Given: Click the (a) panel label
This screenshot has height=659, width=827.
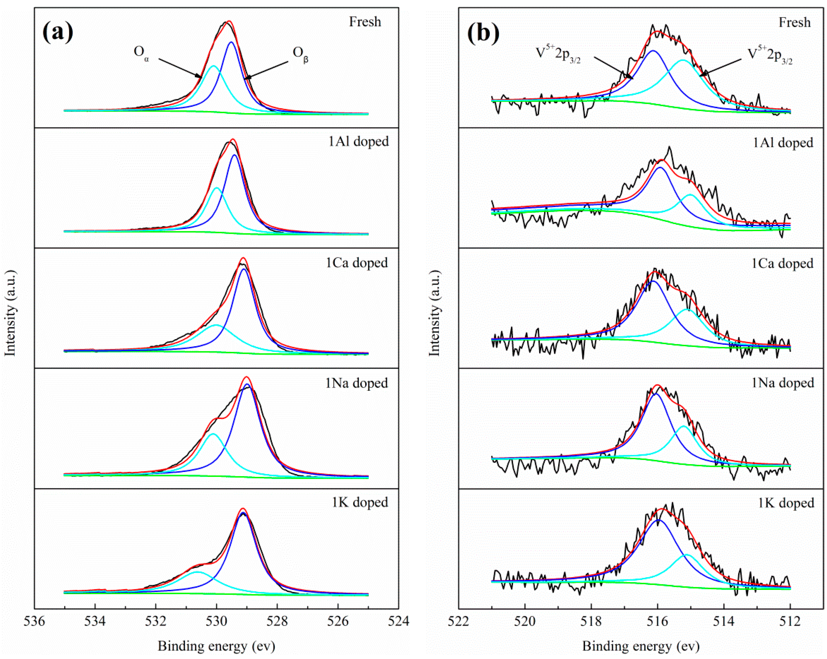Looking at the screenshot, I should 57,32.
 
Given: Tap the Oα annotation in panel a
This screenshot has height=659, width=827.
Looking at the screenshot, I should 141,52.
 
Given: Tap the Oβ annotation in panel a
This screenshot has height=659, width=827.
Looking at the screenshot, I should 300,53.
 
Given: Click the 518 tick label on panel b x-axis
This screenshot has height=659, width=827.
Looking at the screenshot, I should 591,621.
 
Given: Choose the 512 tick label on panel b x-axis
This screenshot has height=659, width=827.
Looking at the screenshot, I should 790,621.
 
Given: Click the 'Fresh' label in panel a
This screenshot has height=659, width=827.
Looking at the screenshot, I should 365,22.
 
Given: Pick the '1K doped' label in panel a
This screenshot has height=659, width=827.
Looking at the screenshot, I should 360,502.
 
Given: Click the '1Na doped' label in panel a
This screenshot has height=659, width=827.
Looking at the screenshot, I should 357,383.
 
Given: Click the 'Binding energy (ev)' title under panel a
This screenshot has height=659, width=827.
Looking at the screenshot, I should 216,646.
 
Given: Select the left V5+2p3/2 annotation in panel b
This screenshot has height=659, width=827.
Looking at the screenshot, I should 558,54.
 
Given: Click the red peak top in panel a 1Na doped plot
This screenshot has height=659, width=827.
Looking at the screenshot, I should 247,377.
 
